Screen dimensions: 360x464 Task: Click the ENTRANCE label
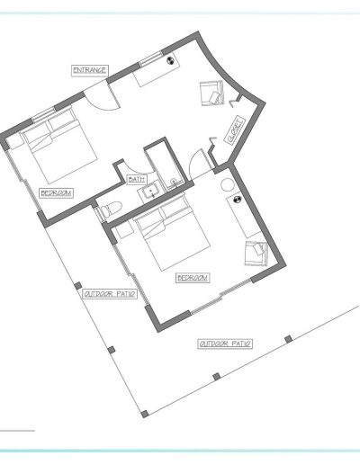(x=90, y=70)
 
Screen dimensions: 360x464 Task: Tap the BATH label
(x=137, y=180)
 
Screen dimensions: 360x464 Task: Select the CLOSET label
(x=235, y=130)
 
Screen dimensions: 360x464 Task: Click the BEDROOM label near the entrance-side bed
(x=57, y=193)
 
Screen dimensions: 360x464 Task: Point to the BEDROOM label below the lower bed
(x=193, y=278)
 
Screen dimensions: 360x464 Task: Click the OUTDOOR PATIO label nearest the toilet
(x=110, y=294)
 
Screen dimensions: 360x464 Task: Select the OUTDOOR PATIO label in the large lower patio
(x=225, y=344)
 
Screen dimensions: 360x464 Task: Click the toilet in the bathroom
(x=110, y=209)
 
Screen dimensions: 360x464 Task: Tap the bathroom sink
(x=150, y=191)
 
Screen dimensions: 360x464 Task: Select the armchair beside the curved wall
(x=212, y=94)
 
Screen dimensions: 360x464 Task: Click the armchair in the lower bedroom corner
(x=256, y=254)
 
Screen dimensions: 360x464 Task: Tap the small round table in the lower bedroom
(x=227, y=184)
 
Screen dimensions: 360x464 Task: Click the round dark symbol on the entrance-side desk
(x=170, y=60)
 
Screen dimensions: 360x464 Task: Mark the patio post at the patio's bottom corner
(x=145, y=414)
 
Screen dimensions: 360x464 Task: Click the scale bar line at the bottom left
(x=17, y=431)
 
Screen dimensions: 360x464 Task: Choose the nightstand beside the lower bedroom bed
(x=124, y=230)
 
